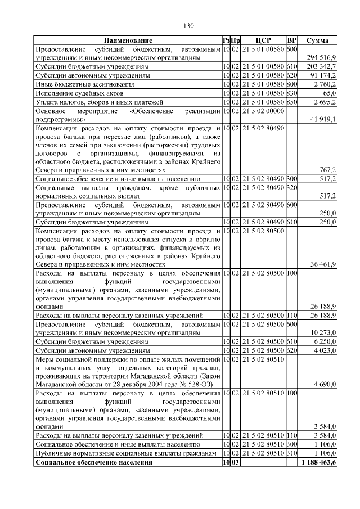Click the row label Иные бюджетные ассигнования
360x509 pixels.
[78, 84]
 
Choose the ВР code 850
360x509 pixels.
[291, 102]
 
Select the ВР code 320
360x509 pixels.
[291, 187]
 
